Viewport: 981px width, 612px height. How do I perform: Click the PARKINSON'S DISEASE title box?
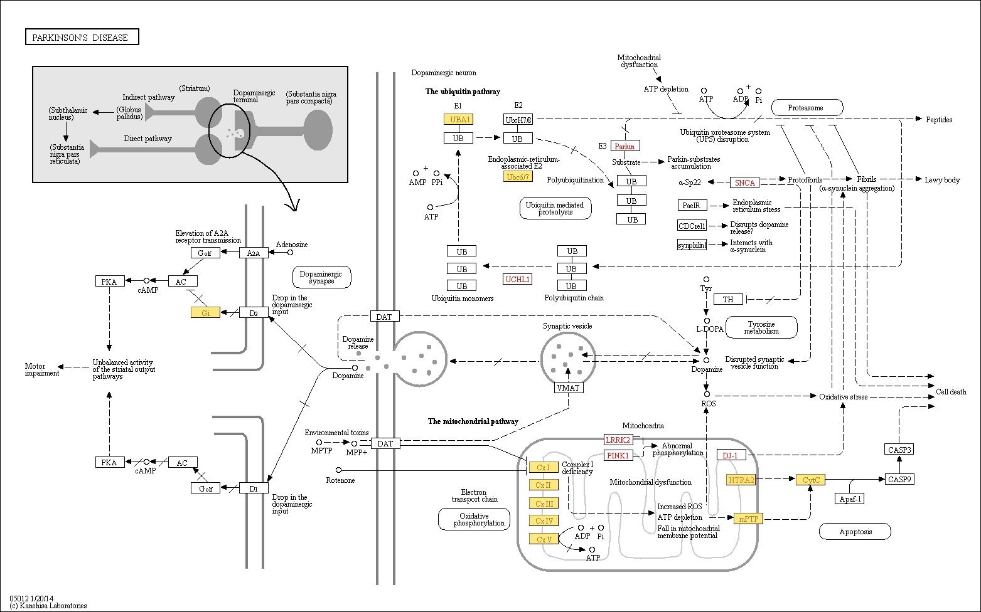tap(82, 37)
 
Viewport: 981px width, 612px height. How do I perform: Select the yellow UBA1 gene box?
tap(459, 119)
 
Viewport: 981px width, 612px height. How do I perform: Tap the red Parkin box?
tap(625, 146)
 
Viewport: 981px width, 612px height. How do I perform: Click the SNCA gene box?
tap(744, 182)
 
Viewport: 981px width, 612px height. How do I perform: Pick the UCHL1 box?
tap(518, 279)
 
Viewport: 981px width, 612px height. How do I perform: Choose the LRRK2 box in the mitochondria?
tap(618, 440)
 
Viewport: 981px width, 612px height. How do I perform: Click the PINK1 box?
tap(618, 455)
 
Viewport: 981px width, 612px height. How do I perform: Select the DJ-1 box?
tap(731, 455)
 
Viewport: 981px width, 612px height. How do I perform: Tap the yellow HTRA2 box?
tap(741, 480)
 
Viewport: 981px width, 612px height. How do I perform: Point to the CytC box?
tap(811, 480)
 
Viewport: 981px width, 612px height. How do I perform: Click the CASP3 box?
tap(899, 449)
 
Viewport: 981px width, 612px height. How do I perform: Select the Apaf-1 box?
tap(850, 499)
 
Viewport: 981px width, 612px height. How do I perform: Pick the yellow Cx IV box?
tap(544, 520)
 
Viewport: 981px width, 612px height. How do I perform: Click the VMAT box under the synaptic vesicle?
tap(569, 388)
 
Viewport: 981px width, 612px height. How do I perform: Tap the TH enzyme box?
tap(728, 299)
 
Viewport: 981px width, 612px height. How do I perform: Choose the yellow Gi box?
tap(205, 313)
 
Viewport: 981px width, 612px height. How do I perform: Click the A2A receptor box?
tap(254, 253)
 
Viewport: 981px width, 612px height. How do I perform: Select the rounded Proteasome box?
tap(807, 108)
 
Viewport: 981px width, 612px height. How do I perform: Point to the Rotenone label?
tap(340, 480)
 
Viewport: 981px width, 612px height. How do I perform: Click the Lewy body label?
tap(942, 180)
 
